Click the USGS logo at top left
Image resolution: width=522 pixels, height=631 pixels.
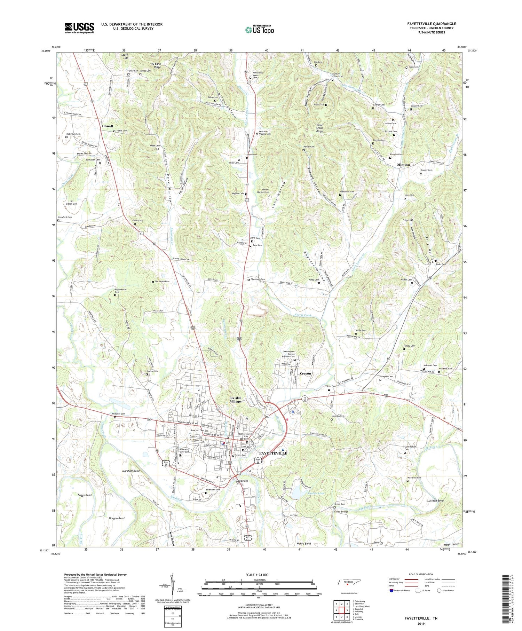pos(79,28)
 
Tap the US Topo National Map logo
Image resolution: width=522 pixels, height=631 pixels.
pos(259,30)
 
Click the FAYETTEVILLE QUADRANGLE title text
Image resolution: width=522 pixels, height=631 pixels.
pos(431,24)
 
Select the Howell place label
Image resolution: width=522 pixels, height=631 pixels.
pos(108,126)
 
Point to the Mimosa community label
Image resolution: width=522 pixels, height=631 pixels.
pos(403,164)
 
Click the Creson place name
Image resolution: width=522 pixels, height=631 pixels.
pos(305,373)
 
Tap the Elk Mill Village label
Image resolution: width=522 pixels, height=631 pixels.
pos(235,400)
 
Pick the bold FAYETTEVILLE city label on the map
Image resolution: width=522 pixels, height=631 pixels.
pos(273,453)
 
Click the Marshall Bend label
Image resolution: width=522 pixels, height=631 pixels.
pos(131,471)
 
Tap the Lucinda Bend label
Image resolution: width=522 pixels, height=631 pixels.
pos(435,500)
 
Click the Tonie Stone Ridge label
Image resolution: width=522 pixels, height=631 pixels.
pos(319,128)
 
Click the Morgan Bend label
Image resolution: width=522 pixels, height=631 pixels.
pos(116,518)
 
